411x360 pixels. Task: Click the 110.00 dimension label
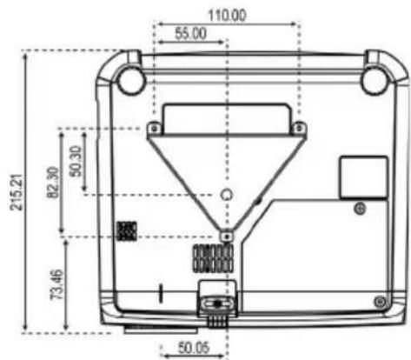(x=228, y=15)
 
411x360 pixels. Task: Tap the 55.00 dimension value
(x=191, y=34)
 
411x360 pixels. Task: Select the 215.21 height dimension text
(x=17, y=192)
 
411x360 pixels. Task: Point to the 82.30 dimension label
(x=53, y=183)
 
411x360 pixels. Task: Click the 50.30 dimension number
(x=76, y=161)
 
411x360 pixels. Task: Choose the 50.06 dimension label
(x=194, y=348)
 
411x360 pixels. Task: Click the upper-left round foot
(x=130, y=80)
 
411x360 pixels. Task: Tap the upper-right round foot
(x=376, y=80)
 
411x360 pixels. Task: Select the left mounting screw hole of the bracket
(x=155, y=128)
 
